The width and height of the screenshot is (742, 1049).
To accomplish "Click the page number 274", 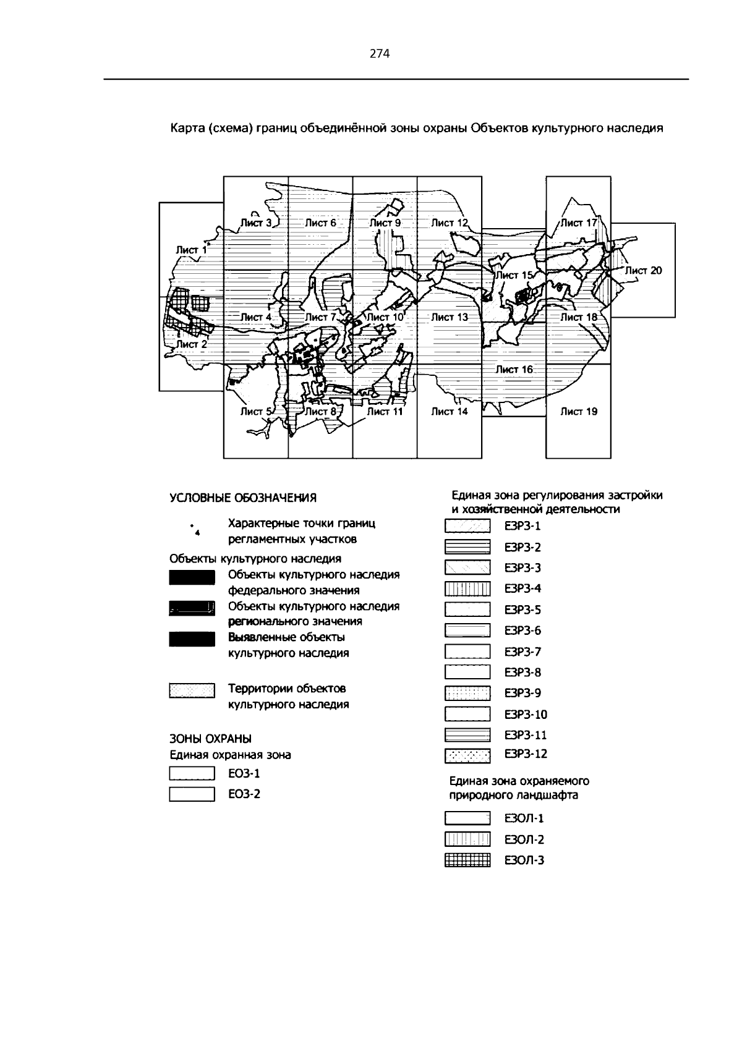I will tap(380, 54).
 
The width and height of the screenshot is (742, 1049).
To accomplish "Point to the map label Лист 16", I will tap(514, 370).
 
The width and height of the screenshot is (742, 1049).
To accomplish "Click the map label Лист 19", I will tap(579, 412).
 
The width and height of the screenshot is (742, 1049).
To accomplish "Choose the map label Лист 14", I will tap(450, 412).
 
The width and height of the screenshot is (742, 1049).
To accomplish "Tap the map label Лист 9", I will tap(385, 223).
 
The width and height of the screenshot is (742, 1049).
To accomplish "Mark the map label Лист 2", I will tap(191, 344).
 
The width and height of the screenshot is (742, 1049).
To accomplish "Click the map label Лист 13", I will tap(450, 317).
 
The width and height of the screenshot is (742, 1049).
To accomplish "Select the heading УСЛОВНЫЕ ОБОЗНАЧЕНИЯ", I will tap(243, 498).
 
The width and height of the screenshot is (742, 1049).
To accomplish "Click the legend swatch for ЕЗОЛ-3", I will tap(467, 860).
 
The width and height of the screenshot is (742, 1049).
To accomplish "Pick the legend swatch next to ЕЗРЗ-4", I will tap(467, 589).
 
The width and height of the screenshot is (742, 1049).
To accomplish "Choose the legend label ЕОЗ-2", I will tap(244, 794).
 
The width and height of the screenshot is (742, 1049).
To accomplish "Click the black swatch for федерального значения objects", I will tap(192, 579).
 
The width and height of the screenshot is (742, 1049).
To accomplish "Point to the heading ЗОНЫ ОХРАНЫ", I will tap(211, 739).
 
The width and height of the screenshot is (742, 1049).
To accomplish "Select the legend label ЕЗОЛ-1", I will tap(524, 819).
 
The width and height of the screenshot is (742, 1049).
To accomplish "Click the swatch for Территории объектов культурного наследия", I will tap(192, 690).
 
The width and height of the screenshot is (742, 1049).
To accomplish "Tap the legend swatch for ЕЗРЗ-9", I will tap(467, 694).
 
